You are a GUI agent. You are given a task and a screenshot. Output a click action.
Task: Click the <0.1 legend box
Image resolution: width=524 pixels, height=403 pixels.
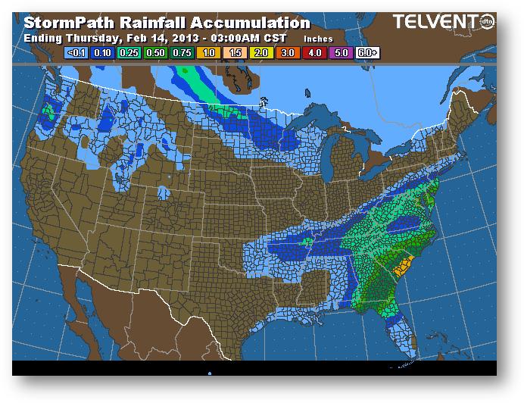point(76,53)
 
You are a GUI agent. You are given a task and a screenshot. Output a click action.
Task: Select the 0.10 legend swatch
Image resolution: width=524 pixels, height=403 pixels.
point(101,53)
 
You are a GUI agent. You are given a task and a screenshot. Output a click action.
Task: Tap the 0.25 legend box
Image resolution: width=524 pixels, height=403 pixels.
point(128,53)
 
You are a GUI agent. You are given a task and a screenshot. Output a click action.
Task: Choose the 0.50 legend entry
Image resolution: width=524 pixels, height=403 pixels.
point(154,53)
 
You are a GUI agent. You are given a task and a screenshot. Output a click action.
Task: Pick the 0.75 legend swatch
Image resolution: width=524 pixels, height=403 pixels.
point(181,53)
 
